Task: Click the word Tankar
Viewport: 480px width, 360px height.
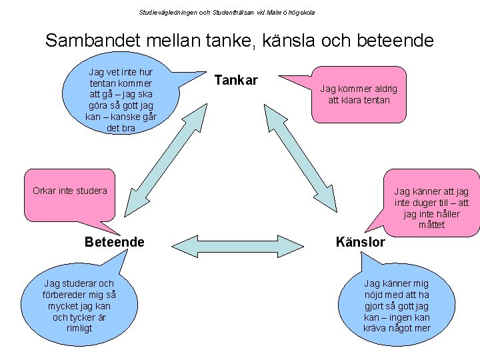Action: click(x=236, y=81)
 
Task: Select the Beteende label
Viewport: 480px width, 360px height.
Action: click(x=114, y=242)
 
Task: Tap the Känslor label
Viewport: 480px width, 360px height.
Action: click(x=361, y=242)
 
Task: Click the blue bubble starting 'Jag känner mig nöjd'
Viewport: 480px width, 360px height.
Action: click(x=397, y=306)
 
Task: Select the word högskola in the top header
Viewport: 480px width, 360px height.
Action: click(x=301, y=12)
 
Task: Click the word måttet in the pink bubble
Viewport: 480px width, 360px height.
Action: click(x=431, y=225)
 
